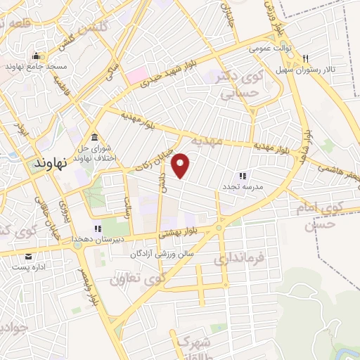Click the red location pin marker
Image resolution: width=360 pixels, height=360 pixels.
pos(182,166)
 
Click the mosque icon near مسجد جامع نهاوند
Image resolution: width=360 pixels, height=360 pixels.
pos(36,56)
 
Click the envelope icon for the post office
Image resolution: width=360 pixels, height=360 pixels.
pos(29,256)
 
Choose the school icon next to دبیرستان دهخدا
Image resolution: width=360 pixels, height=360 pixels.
pos(98,229)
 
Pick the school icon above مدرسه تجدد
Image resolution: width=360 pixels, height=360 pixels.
pos(243,175)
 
